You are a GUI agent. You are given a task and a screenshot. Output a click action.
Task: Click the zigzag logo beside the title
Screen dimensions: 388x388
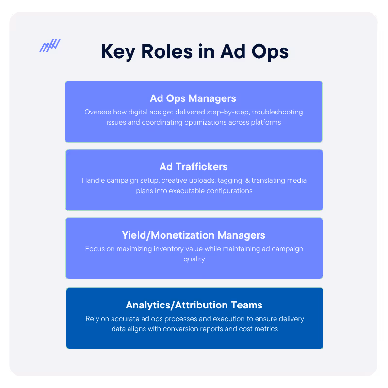[x=49, y=46]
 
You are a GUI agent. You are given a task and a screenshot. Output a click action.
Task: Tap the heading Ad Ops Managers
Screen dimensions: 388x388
[x=193, y=98]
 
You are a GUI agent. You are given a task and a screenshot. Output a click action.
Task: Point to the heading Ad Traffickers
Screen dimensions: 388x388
[x=194, y=167]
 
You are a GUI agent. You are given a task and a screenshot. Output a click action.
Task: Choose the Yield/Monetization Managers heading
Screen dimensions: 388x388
[x=194, y=235]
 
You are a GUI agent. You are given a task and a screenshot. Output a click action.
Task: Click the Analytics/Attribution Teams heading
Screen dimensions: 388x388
[x=194, y=305]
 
